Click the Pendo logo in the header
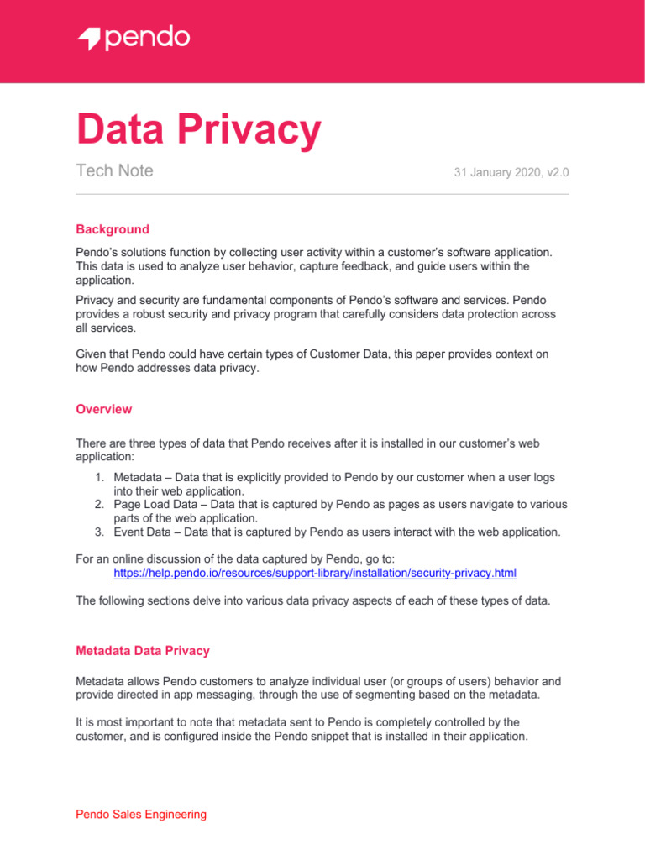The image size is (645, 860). click(x=134, y=39)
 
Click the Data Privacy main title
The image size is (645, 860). click(x=198, y=130)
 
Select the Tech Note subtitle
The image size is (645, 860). click(x=114, y=171)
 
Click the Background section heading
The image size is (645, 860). click(x=113, y=229)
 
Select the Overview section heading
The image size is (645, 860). click(x=103, y=409)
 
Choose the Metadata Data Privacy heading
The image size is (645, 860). click(x=143, y=650)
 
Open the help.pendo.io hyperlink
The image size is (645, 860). click(x=315, y=573)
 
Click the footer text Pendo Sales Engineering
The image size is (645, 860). click(x=141, y=814)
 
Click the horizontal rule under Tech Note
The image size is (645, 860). click(x=322, y=194)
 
